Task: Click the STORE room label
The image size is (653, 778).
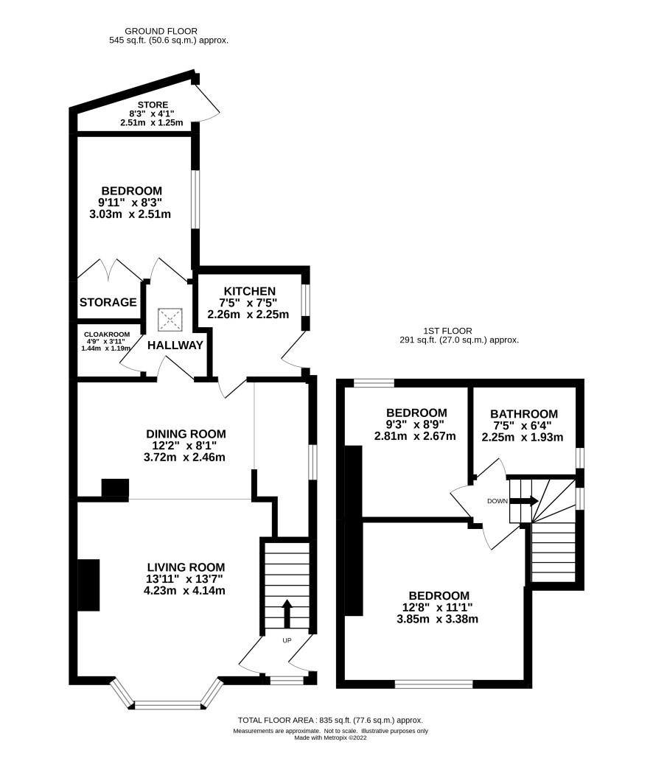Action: pyautogui.click(x=153, y=105)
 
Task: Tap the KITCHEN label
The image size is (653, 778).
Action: pyautogui.click(x=250, y=291)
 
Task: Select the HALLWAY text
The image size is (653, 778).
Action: pyautogui.click(x=175, y=346)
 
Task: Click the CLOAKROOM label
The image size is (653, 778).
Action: pyautogui.click(x=107, y=334)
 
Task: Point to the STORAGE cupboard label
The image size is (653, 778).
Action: pyautogui.click(x=108, y=302)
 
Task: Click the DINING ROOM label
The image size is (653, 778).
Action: pyautogui.click(x=186, y=434)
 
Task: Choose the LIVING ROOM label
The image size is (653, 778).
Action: pyautogui.click(x=186, y=567)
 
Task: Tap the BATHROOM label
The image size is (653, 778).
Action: pyautogui.click(x=524, y=414)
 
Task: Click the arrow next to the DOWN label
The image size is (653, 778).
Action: pyautogui.click(x=524, y=501)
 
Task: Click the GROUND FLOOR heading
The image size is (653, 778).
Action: pyautogui.click(x=161, y=31)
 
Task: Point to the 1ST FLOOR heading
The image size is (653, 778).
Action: pyautogui.click(x=447, y=331)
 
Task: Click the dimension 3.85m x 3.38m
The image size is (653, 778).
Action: pyautogui.click(x=438, y=619)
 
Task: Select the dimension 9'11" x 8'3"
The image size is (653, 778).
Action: pyautogui.click(x=130, y=203)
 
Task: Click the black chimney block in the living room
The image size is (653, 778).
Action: pyautogui.click(x=89, y=585)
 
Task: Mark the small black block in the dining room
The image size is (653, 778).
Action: pyautogui.click(x=115, y=488)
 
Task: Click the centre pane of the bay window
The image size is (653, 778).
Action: pyautogui.click(x=168, y=705)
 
